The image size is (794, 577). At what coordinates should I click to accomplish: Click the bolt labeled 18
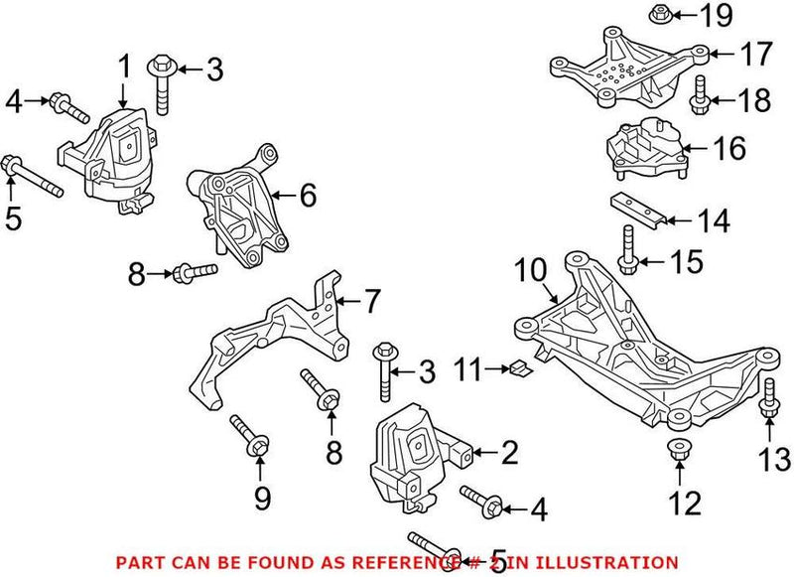pos(698,95)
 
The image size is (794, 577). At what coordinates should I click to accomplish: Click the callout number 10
pos(532,270)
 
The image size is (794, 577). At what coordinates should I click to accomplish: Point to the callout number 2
pos(508,455)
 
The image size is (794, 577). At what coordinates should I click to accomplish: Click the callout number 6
pos(308,195)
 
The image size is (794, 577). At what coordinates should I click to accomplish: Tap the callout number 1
pos(125,68)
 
